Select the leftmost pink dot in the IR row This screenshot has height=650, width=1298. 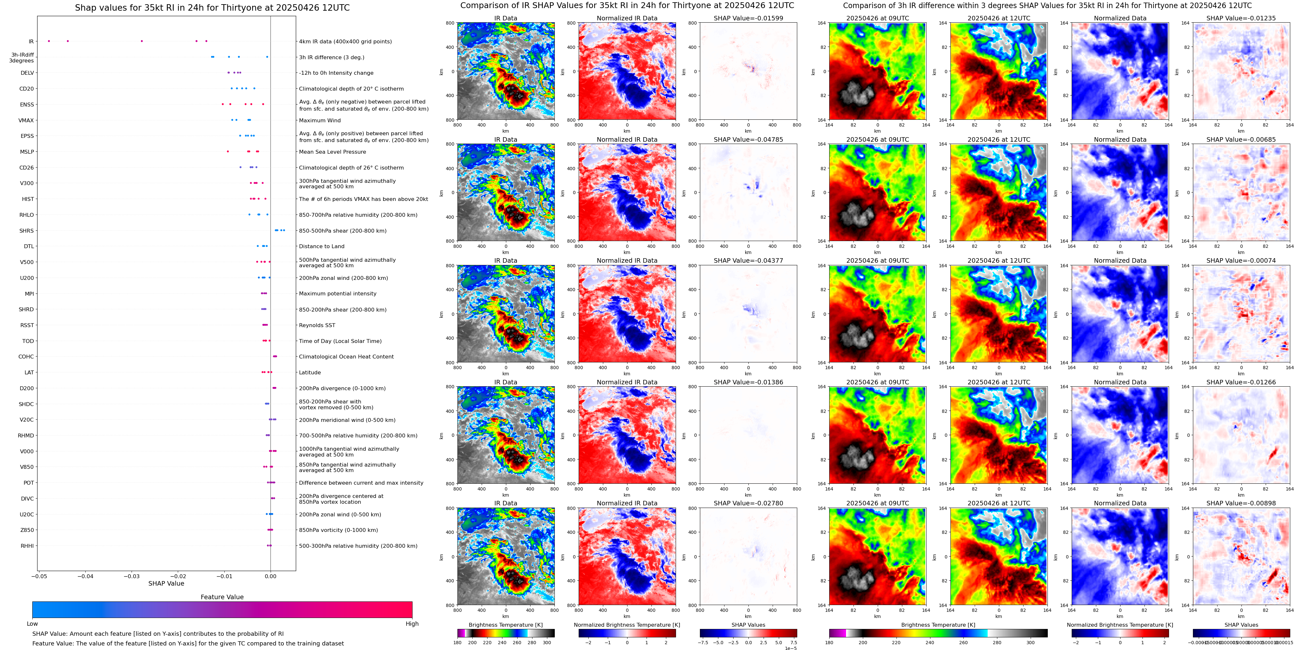[x=49, y=41]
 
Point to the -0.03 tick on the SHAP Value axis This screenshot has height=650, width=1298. [x=132, y=576]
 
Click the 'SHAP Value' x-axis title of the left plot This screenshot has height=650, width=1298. [x=166, y=583]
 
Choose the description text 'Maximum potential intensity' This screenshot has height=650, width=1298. [x=338, y=293]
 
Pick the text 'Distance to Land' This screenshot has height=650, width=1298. [x=321, y=247]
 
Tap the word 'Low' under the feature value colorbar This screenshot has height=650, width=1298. [x=32, y=624]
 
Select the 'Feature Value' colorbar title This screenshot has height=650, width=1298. [x=222, y=597]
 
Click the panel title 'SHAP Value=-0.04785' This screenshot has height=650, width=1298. [x=748, y=140]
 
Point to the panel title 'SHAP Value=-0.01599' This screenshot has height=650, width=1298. [x=748, y=18]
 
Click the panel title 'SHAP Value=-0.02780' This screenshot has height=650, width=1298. [x=748, y=503]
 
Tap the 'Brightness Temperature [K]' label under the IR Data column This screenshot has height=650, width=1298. [x=505, y=625]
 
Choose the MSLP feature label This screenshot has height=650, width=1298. [x=27, y=152]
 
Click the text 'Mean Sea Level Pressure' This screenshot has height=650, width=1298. [x=333, y=152]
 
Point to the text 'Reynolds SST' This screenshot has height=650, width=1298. [x=317, y=325]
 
